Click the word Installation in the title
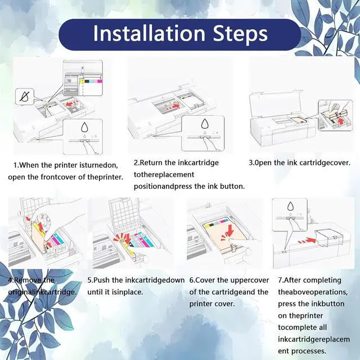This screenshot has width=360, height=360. coord(149,34)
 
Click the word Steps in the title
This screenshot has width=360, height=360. coord(240,34)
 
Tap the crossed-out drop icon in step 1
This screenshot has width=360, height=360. coord(24,96)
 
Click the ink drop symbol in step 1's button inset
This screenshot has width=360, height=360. coord(84,127)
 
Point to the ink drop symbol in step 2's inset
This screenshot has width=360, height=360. coord(205,124)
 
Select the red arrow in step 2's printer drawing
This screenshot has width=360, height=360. coord(173,106)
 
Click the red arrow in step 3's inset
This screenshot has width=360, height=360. coord(341,121)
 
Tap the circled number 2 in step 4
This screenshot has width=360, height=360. coord(42,216)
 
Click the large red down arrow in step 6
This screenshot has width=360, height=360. coord(229,231)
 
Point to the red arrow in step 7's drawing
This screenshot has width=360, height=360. coord(307,241)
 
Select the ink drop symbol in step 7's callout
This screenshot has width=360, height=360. coord(290,206)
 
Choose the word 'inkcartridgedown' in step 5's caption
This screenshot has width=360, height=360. coord(155,280)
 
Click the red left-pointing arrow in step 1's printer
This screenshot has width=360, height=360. coord(72,103)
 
